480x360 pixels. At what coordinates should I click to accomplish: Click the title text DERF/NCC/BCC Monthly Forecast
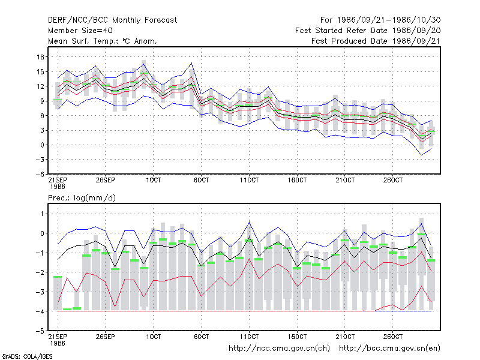point(112,20)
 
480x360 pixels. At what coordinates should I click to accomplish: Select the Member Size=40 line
point(80,31)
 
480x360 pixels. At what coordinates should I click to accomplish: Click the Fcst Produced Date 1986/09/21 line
point(376,41)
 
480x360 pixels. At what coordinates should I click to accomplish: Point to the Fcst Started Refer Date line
point(368,31)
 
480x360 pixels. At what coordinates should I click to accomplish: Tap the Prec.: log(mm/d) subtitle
point(82,198)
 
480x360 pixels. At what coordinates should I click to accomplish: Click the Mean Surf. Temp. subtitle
point(103,41)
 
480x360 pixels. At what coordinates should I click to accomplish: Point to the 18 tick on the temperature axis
point(40,57)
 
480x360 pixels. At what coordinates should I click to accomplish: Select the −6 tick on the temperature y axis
point(40,175)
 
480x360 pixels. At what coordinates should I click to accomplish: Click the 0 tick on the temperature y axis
point(42,145)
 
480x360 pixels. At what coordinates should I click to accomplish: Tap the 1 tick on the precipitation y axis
point(42,214)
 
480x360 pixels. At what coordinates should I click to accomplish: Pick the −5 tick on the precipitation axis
point(40,331)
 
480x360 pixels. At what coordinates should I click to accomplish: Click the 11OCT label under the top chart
point(249,181)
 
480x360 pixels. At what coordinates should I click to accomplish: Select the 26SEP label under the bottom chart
point(106,337)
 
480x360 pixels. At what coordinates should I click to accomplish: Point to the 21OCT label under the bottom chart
point(345,337)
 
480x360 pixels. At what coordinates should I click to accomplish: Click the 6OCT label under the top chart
point(201,181)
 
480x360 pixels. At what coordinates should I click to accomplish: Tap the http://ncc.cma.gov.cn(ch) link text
point(279,349)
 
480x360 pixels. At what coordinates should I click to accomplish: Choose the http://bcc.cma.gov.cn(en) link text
point(389,349)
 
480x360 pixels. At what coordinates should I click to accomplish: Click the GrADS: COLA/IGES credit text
point(28,356)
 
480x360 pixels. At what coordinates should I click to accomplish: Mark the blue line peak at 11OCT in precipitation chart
point(249,222)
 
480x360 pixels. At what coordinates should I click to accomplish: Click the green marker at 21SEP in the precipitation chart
point(58,277)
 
